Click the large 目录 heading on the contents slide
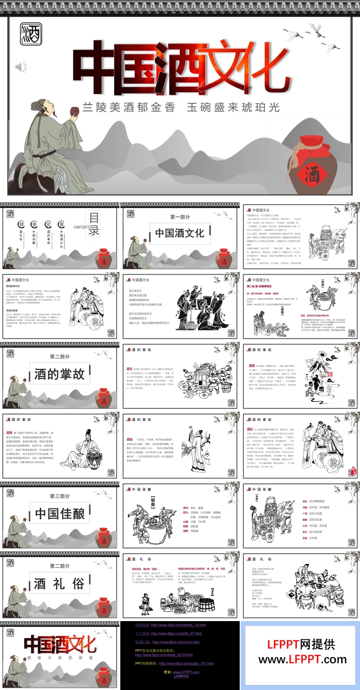[93, 224]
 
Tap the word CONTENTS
[80, 227]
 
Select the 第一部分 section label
[180, 217]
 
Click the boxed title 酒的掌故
[59, 374]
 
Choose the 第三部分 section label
[59, 496]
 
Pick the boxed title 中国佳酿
[59, 513]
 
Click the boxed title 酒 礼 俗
[59, 584]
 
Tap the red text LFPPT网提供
[301, 644]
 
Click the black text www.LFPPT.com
[302, 659]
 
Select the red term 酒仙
[130, 439]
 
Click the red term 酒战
[9, 433]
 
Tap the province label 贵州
[186, 508]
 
